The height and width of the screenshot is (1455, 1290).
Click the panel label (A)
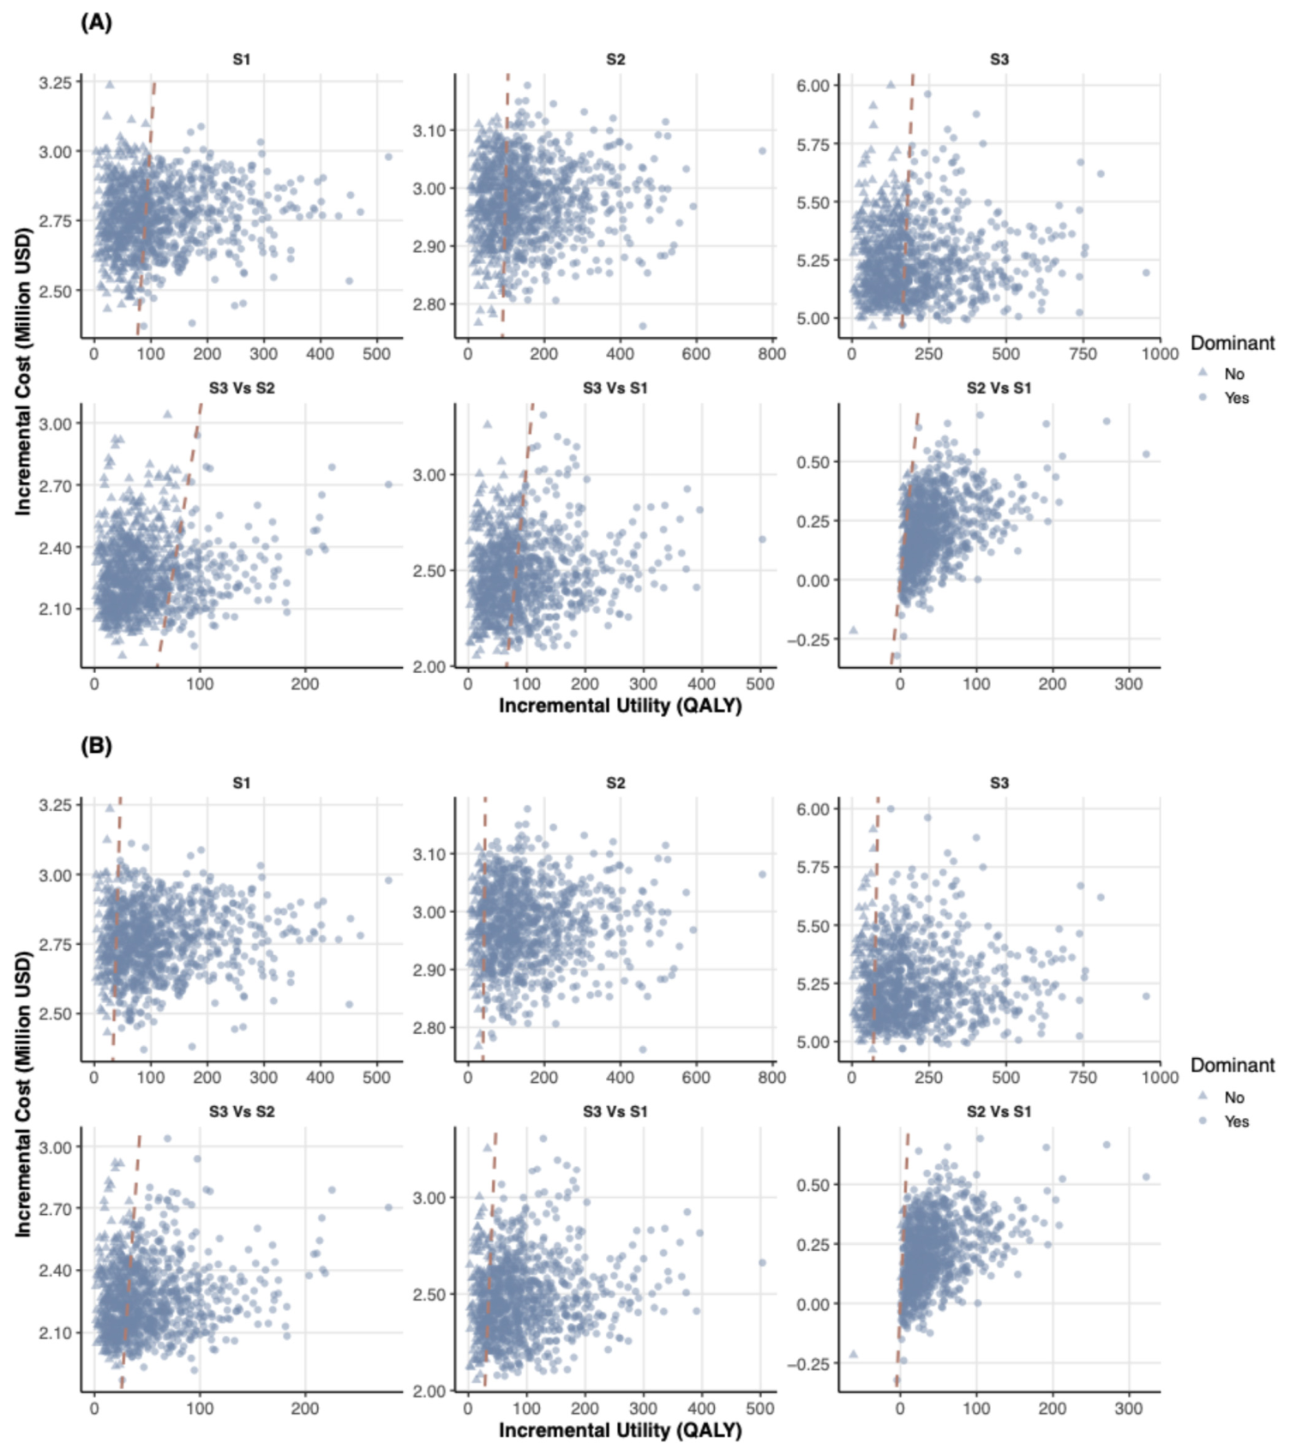pos(96,22)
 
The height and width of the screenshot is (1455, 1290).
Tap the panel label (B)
pos(96,746)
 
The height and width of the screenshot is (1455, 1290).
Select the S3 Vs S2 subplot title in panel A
pos(242,388)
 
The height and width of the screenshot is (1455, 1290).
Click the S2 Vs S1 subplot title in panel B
pos(999,1112)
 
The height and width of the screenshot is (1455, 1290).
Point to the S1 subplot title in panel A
pos(242,59)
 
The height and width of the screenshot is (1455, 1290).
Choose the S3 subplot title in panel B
pos(999,783)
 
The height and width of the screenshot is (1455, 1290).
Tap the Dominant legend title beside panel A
pos(1233,343)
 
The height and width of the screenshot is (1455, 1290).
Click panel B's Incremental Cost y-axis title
pos(23,1095)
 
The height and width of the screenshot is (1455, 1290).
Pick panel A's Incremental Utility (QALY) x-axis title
pos(620,706)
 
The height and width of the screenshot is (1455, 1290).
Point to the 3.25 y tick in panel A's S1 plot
pos(55,82)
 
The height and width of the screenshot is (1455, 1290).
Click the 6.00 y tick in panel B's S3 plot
pos(813,809)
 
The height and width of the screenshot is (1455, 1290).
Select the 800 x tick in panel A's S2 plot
pos(772,353)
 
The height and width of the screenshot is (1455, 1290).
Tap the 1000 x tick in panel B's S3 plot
pos(1160,1077)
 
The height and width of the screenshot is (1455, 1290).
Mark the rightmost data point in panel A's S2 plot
pos(762,151)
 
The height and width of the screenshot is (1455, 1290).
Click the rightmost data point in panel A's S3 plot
pos(1146,273)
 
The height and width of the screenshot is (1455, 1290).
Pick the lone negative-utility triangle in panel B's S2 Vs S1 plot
pos(853,1354)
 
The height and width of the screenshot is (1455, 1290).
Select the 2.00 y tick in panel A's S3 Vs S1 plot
pos(430,667)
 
